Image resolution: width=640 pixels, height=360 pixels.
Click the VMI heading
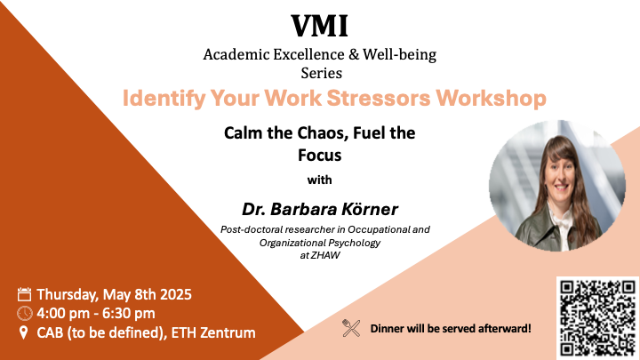coord(320,26)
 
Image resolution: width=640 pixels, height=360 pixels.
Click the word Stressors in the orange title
coord(379,98)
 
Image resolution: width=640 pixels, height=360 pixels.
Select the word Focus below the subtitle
coord(320,155)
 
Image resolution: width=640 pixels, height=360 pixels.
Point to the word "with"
coord(320,180)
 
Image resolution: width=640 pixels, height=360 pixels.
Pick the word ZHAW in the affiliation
coord(325,255)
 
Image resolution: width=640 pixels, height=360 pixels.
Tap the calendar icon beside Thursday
coord(25,294)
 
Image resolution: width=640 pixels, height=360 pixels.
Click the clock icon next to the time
coord(25,314)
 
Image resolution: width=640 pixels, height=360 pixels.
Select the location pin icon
coord(24,332)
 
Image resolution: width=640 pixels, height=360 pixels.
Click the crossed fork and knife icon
coord(351,328)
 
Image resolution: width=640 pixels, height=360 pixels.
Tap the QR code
coord(597,318)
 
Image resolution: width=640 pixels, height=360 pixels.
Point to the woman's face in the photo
coord(561,179)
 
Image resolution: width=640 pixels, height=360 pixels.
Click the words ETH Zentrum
coord(213,332)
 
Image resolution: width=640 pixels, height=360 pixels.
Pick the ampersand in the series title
coord(354,55)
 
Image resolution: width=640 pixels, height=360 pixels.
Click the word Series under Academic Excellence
coord(322,74)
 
